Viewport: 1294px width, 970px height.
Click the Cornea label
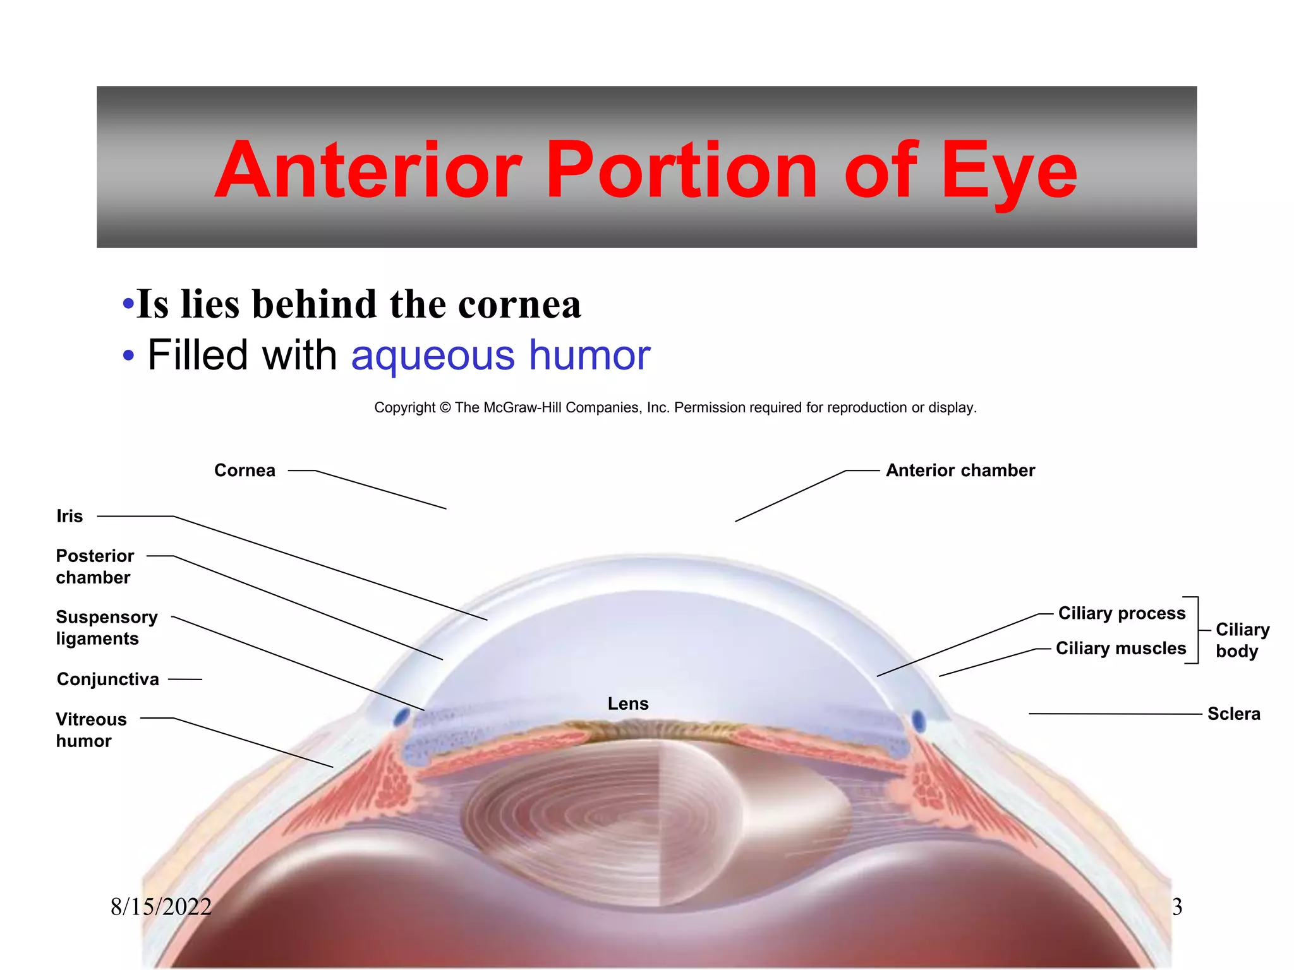[245, 470]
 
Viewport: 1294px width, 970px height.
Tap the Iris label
[70, 516]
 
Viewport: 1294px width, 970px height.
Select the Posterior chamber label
[95, 566]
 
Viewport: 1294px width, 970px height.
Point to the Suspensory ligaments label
[106, 628]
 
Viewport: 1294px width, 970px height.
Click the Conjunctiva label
[108, 679]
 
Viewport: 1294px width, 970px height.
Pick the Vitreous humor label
[91, 729]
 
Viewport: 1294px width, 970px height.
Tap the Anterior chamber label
[960, 470]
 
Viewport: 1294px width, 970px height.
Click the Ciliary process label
[1122, 613]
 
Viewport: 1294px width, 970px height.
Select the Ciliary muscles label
[1121, 648]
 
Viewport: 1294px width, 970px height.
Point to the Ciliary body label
[1242, 640]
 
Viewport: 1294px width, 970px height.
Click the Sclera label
[1233, 714]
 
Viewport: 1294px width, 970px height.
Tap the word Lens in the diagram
[628, 704]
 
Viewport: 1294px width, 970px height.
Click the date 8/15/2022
[161, 907]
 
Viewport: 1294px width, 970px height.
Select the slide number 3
[1176, 907]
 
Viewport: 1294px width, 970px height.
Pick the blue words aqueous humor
[500, 355]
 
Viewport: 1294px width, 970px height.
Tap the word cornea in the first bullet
[519, 304]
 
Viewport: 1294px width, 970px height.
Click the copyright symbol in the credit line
[445, 408]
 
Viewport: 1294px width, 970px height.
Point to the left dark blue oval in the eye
[401, 717]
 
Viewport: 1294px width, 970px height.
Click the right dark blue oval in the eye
[919, 721]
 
